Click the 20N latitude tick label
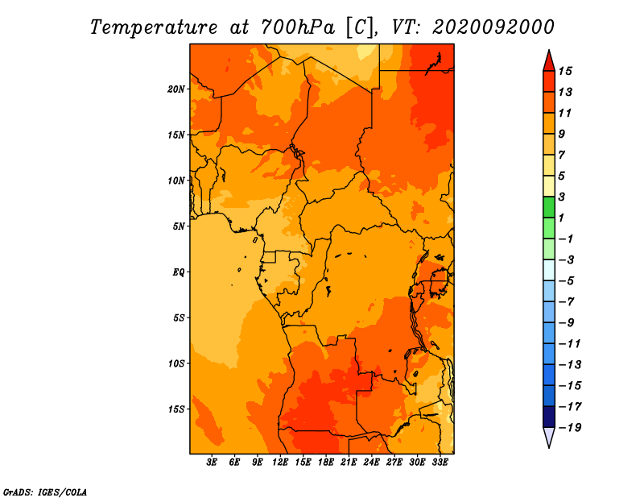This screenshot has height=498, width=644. (x=175, y=89)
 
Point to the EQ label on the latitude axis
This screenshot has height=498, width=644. (x=178, y=272)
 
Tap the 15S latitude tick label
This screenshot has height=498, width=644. (x=175, y=409)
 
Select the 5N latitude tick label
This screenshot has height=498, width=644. (x=179, y=226)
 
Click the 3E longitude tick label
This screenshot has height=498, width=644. (x=212, y=463)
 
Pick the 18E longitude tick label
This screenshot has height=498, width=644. (x=326, y=463)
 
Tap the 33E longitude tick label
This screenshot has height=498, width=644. (x=440, y=463)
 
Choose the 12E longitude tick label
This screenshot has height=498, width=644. (x=280, y=463)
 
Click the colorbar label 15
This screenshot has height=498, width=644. (x=565, y=71)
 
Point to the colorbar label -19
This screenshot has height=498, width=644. (x=570, y=428)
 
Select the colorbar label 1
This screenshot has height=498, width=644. (x=561, y=218)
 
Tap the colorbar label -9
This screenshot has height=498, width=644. (x=567, y=323)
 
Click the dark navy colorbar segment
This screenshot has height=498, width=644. (x=549, y=417)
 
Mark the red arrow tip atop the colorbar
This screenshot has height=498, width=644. (x=549, y=50)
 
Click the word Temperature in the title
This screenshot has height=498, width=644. (x=154, y=27)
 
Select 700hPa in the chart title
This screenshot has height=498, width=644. (x=298, y=27)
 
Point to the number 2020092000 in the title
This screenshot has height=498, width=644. (x=493, y=27)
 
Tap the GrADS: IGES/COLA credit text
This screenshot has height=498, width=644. (x=45, y=492)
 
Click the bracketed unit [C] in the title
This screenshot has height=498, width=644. (x=360, y=28)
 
